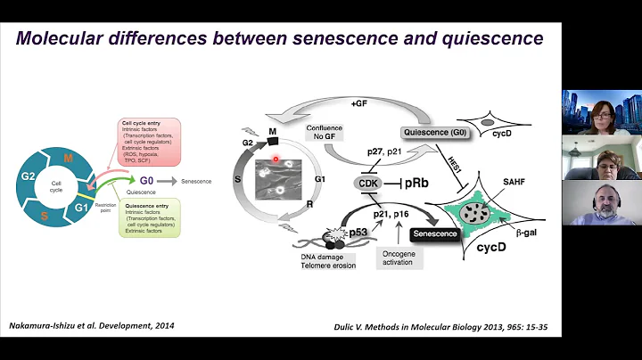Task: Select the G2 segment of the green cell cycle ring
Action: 28,176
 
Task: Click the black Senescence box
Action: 434,233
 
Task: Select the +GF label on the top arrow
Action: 359,103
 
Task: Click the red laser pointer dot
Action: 276,160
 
